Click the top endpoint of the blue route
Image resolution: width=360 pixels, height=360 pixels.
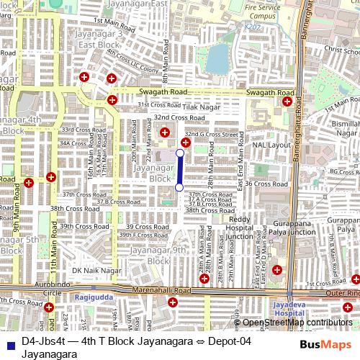(x=179, y=153)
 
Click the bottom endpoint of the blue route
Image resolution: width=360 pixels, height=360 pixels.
(x=179, y=187)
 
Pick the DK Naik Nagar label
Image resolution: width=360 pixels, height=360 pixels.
(x=96, y=270)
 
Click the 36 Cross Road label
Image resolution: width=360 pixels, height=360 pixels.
(x=266, y=184)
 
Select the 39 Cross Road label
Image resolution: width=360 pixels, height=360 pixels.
(x=147, y=226)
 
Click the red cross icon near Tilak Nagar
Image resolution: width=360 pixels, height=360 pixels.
(x=166, y=132)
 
